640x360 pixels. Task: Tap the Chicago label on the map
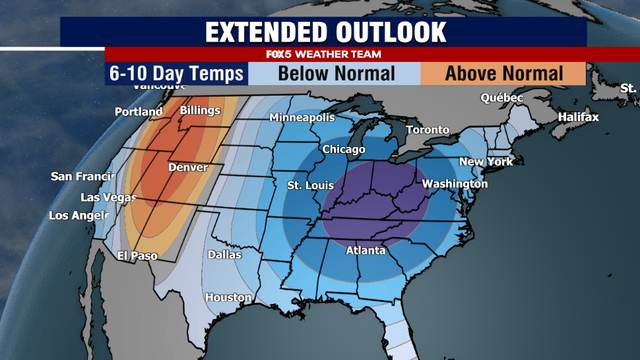click(343, 150)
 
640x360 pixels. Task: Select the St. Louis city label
click(308, 185)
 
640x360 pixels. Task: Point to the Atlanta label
click(366, 251)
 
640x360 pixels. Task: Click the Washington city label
click(454, 184)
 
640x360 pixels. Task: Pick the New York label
click(485, 162)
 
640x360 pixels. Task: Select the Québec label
click(502, 98)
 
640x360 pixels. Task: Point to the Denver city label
click(189, 167)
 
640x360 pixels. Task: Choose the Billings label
click(199, 108)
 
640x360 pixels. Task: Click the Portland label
click(139, 111)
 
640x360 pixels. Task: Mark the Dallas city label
click(224, 254)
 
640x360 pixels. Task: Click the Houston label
click(227, 298)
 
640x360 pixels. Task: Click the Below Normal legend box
click(335, 73)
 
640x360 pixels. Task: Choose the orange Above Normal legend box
click(503, 73)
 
